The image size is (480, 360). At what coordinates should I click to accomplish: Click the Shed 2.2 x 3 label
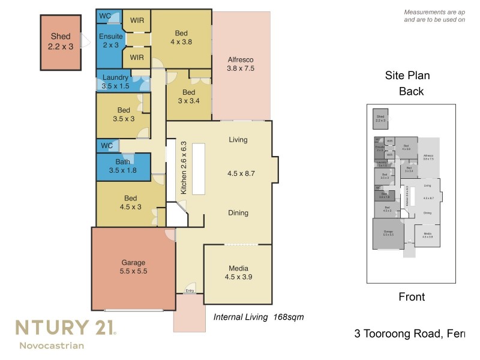(x=60, y=41)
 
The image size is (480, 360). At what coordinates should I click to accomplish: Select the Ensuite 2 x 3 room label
(x=110, y=41)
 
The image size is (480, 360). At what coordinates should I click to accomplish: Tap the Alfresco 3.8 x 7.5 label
(x=241, y=64)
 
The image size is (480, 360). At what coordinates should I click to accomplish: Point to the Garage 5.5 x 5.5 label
(x=133, y=267)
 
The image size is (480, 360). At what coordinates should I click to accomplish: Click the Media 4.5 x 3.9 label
(x=238, y=272)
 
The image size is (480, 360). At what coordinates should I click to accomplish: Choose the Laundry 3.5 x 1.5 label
(x=115, y=82)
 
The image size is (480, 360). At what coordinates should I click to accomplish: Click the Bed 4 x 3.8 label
(x=182, y=38)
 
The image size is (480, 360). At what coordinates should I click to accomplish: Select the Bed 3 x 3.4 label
(x=188, y=97)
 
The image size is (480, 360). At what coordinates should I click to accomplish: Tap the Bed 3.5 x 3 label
(x=124, y=115)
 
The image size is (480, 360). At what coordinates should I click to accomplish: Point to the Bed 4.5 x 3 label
(x=131, y=203)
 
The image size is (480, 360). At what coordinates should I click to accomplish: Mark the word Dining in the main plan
(x=238, y=213)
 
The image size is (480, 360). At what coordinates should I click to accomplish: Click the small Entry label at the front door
(x=190, y=291)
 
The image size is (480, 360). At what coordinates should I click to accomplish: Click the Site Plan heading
(x=407, y=76)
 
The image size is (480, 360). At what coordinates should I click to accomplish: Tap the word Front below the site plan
(x=412, y=297)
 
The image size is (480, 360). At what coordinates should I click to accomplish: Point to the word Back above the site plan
(x=412, y=92)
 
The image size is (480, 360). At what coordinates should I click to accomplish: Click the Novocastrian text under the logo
(x=52, y=345)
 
